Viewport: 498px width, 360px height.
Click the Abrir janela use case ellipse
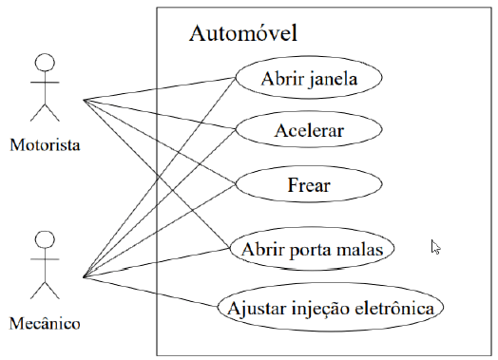pos(309,79)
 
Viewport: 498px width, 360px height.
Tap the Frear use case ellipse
pos(309,184)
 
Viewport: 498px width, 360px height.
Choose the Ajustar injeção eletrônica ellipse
pos(330,308)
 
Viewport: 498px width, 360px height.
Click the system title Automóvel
pos(244,34)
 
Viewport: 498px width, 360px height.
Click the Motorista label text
pos(44,146)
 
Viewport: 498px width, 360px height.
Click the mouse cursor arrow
pos(435,247)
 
